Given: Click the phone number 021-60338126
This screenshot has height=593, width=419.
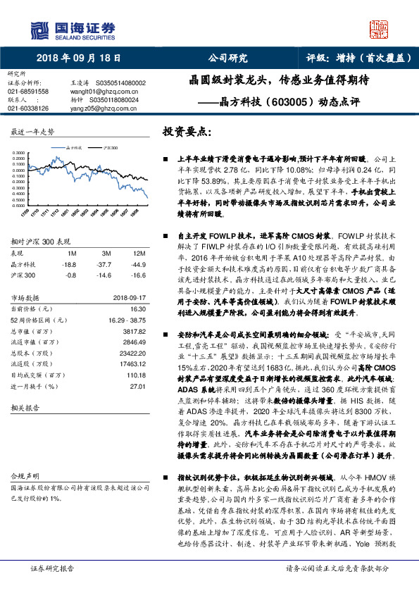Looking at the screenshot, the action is tap(28, 108).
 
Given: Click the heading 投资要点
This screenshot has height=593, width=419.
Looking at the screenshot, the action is tap(187, 132).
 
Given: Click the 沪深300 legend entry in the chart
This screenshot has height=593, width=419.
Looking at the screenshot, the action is tap(109, 149).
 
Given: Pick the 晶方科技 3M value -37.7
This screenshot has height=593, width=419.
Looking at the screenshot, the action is tap(105, 263).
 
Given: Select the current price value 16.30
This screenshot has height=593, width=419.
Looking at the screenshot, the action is tap(137, 308).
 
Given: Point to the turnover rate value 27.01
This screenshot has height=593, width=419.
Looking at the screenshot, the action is tap(137, 387).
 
